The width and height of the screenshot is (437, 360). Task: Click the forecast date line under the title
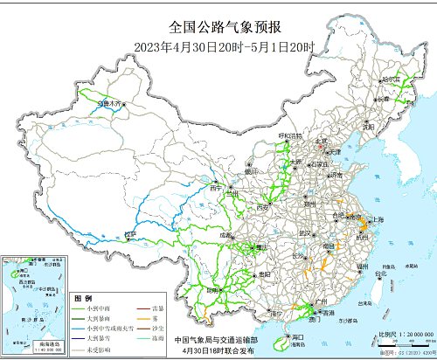218,45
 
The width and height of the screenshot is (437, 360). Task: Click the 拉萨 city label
130,234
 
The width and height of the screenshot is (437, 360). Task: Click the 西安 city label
261,207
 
